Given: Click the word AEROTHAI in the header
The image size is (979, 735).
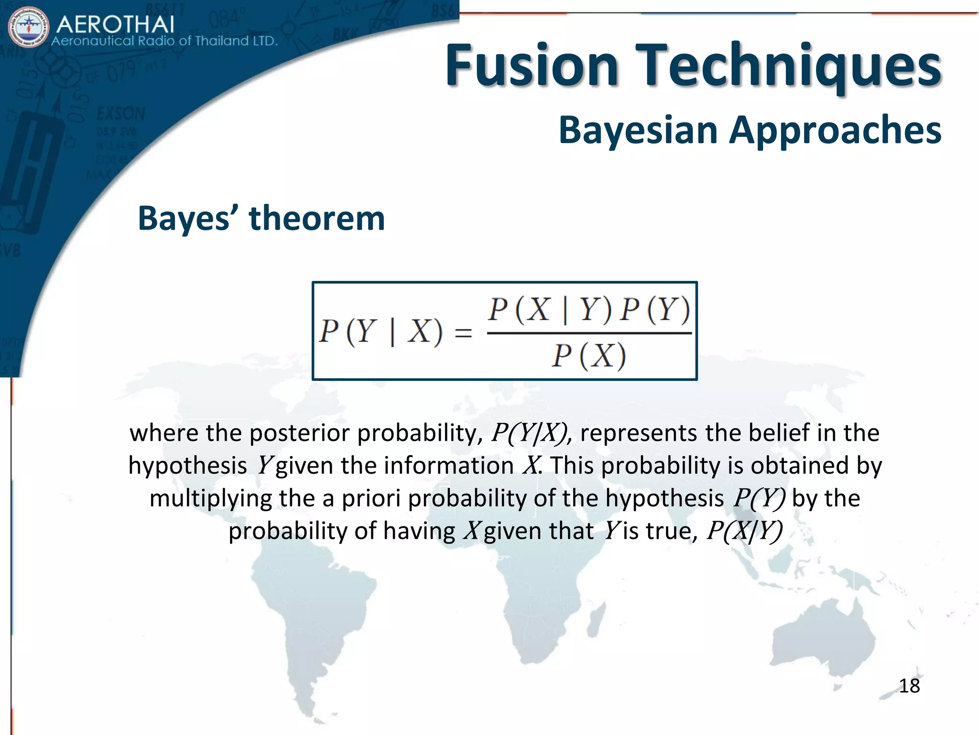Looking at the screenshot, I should pyautogui.click(x=115, y=23).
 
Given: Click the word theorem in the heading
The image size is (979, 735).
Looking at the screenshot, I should pyautogui.click(x=316, y=218).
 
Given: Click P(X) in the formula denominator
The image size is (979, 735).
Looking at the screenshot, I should pyautogui.click(x=589, y=356).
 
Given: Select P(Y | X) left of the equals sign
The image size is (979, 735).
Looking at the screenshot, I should pyautogui.click(x=381, y=331).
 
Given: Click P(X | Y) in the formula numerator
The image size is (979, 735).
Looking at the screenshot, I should pyautogui.click(x=550, y=310).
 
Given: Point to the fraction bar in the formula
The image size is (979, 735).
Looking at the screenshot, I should pyautogui.click(x=589, y=333).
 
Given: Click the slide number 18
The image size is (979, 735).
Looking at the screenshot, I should pyautogui.click(x=909, y=686).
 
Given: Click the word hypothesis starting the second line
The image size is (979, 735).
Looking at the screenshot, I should pyautogui.click(x=187, y=466).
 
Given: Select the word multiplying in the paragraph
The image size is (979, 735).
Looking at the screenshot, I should pyautogui.click(x=210, y=498).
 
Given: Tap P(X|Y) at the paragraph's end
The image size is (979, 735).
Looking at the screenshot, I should pyautogui.click(x=744, y=531).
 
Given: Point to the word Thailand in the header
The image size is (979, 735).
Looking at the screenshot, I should pyautogui.click(x=221, y=41).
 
